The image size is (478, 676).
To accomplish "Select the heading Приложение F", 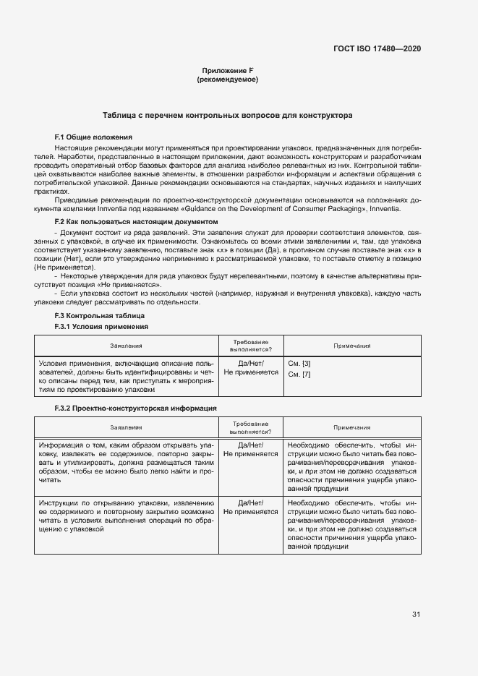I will [227, 70].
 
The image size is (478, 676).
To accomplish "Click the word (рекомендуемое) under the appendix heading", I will [227, 80].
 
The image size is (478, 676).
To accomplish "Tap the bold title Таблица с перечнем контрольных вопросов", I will [227, 115].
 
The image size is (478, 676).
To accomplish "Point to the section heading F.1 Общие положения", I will [93, 137].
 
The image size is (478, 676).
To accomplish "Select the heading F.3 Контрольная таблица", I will [100, 316].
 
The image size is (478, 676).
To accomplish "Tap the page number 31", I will [417, 614].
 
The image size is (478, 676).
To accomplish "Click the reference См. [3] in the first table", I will [299, 362].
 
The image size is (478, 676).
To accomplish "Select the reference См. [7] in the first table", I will [299, 374].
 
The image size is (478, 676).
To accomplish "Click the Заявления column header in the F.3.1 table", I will [127, 346].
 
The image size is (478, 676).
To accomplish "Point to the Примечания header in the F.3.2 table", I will [352, 427].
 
